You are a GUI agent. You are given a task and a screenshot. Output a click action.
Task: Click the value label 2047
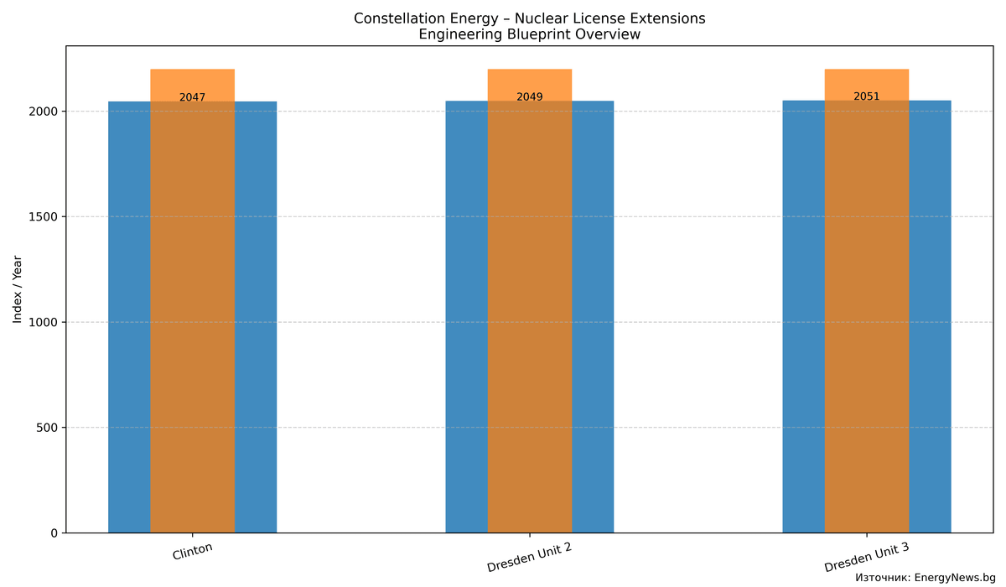click(192, 97)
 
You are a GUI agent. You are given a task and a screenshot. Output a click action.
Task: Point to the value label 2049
click(529, 96)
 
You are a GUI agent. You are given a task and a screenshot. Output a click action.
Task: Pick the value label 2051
click(866, 96)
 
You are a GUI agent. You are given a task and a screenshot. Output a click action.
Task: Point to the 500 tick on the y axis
click(50, 428)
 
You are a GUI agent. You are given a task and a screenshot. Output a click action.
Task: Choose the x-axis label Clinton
click(192, 552)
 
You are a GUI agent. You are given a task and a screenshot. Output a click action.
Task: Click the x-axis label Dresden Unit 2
click(529, 557)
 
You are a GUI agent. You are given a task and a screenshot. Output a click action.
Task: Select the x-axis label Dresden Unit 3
click(866, 557)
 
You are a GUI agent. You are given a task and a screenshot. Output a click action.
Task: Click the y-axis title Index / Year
click(18, 290)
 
